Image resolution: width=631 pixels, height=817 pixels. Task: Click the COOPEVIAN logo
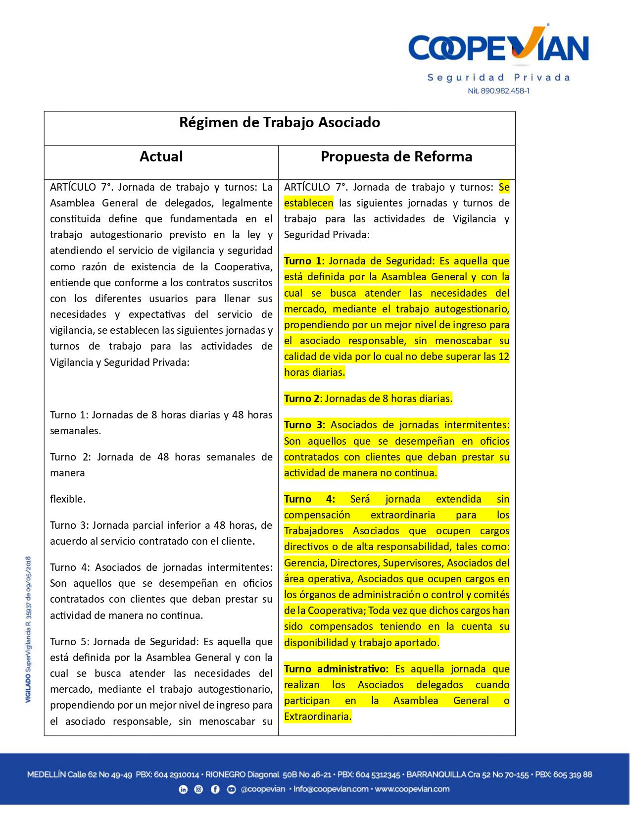pos(498,48)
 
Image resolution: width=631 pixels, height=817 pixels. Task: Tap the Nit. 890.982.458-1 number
pos(498,91)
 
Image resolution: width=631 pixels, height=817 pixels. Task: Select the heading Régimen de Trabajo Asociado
pos(280,123)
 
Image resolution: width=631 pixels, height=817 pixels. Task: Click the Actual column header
pos(161,157)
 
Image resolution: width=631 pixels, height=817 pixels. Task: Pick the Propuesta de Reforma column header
pos(396,157)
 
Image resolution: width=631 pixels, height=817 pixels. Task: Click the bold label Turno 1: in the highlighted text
pos(304,261)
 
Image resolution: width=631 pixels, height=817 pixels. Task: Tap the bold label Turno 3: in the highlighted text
pos(304,425)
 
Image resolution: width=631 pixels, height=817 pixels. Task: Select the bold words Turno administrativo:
pos(337,669)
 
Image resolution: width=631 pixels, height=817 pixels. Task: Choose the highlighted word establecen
pos(308,204)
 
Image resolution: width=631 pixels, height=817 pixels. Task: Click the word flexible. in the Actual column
pos(68,500)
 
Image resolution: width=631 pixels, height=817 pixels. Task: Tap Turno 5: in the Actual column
pos(69,642)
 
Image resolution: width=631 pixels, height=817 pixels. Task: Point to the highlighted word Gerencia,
pos(305,563)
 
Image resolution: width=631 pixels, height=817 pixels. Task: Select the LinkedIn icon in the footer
pos(183,790)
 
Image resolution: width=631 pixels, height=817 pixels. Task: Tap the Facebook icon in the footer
pos(215,790)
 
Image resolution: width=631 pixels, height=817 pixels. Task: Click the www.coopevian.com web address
pos(412,790)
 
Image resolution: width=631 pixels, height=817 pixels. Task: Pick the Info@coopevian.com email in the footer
pos(331,790)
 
